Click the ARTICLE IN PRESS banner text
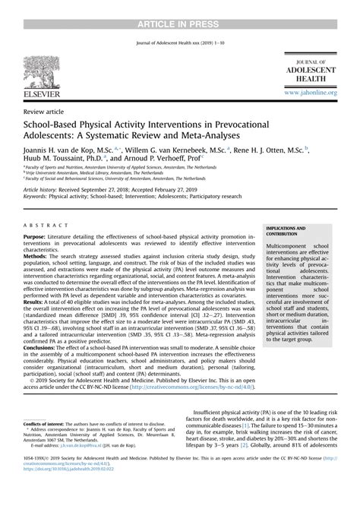pos(180,6)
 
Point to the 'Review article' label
pos(44,111)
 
